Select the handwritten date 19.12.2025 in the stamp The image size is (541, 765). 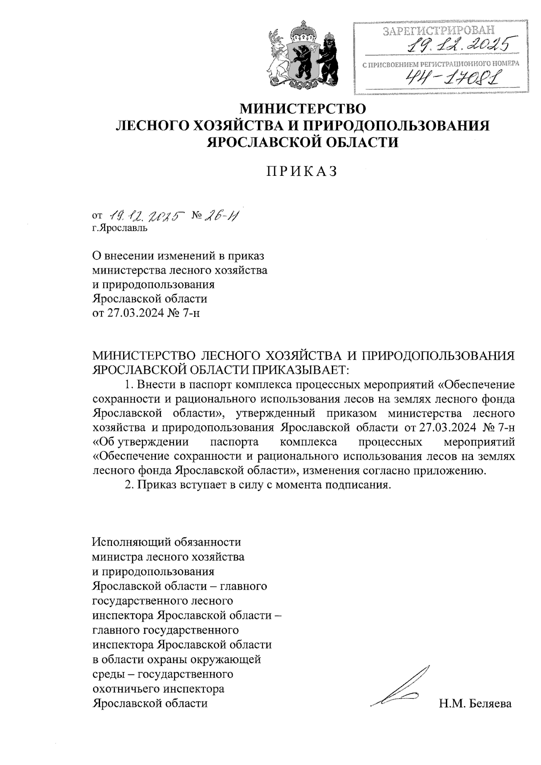click(x=460, y=45)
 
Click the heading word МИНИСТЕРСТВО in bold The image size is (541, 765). click(x=303, y=109)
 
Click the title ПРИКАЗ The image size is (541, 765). click(x=303, y=172)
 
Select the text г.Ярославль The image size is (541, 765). click(x=119, y=228)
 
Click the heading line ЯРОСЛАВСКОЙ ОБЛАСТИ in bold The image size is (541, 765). click(x=303, y=142)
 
